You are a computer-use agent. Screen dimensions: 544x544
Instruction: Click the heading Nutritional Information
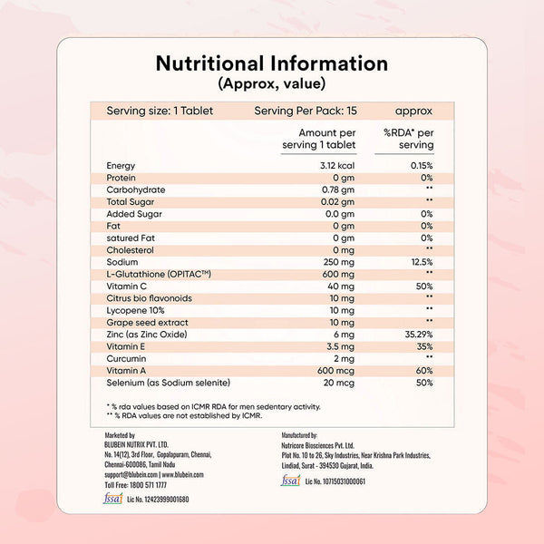pos(271,63)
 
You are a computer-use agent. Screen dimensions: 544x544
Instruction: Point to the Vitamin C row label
pos(127,286)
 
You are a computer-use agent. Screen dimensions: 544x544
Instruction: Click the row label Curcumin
pos(128,359)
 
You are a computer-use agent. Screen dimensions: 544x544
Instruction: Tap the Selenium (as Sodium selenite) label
pos(169,384)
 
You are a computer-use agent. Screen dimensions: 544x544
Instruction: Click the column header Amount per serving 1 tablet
pos(313,139)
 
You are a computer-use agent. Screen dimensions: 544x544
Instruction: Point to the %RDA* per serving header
pos(408,139)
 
